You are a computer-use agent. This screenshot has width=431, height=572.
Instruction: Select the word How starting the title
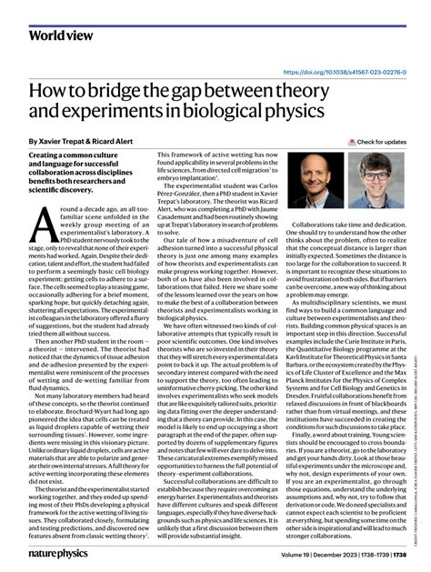pyautogui.click(x=50, y=94)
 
